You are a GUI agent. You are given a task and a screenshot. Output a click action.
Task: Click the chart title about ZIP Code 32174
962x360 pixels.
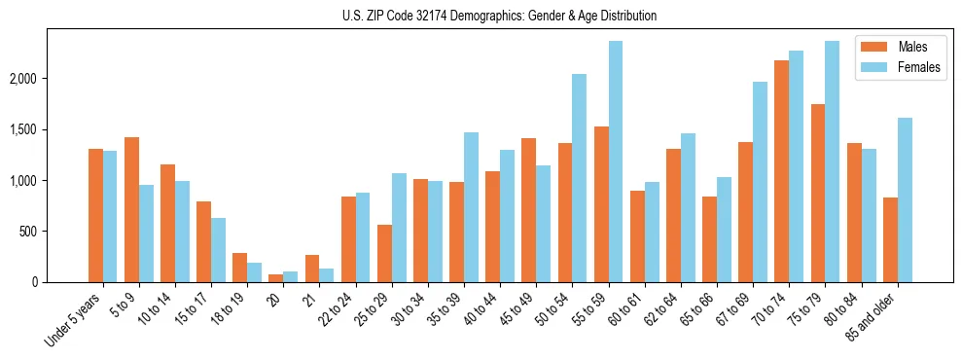[x=499, y=16]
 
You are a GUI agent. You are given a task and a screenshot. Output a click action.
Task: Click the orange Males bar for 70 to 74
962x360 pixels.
[x=781, y=171]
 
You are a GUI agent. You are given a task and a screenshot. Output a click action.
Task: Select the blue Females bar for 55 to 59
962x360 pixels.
[x=615, y=162]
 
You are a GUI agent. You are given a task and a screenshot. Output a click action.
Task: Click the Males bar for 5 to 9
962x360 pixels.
[x=131, y=209]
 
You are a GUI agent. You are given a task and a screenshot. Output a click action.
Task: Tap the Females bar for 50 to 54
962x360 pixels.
[x=579, y=178]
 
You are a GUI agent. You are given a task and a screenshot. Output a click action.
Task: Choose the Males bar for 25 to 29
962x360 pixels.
[x=384, y=253]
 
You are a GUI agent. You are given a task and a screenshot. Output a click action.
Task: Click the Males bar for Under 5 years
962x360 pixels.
[x=95, y=215]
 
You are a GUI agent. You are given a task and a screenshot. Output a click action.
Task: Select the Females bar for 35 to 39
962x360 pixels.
[x=471, y=207]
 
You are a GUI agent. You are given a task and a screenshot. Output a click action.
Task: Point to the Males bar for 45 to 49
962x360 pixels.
[x=528, y=210]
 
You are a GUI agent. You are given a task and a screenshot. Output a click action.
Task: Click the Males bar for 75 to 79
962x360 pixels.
[x=817, y=193]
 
